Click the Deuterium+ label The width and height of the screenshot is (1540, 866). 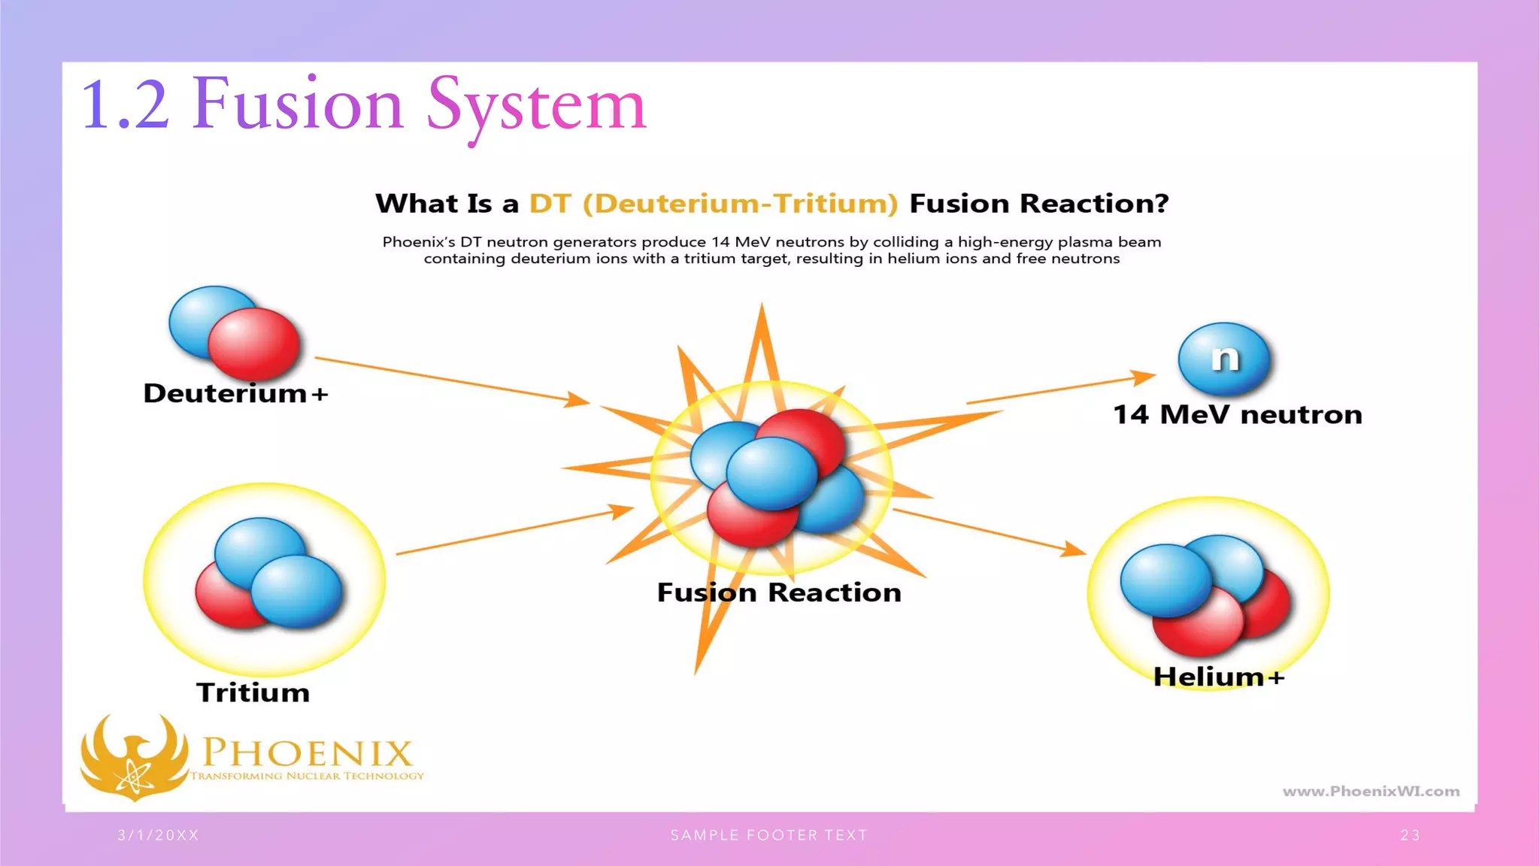[x=235, y=393]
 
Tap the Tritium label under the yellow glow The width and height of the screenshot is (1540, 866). [x=253, y=692]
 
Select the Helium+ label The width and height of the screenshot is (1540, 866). [x=1218, y=677]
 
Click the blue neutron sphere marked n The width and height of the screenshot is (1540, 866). [x=1224, y=359]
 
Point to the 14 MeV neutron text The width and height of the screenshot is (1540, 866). [x=1237, y=414]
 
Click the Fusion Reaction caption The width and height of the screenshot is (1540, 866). [x=779, y=592]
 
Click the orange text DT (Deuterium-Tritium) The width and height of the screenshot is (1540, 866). [x=713, y=204]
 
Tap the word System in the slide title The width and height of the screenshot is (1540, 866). [x=536, y=105]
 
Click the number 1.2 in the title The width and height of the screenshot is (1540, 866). [x=125, y=105]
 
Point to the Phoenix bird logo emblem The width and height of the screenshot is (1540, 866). [x=134, y=755]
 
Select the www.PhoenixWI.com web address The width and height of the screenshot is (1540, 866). [x=1370, y=791]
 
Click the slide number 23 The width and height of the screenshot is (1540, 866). [x=1410, y=835]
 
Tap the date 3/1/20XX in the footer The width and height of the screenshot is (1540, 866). [x=158, y=835]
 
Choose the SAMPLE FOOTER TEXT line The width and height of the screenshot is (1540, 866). [x=768, y=835]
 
